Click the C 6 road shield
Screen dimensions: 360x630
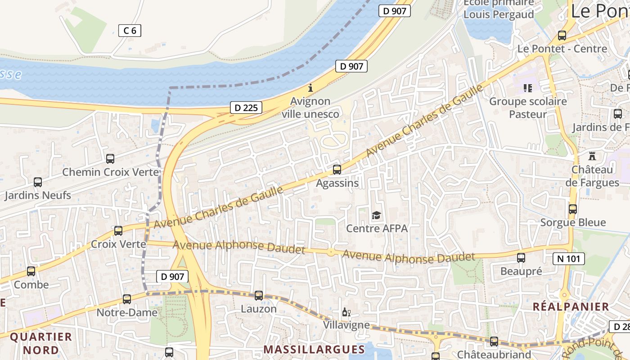pos(130,31)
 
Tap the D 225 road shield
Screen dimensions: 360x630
pos(246,108)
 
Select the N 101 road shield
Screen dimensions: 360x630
pos(569,259)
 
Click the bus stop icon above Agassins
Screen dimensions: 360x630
pos(337,170)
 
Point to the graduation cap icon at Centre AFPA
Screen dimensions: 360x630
pos(376,216)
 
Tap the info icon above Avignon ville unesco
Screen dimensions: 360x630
pos(310,88)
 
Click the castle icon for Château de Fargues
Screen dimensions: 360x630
pos(592,157)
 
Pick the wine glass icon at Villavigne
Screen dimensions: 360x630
pos(346,312)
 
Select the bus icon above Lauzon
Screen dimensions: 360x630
pos(258,296)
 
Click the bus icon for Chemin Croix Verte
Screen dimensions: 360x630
pos(110,159)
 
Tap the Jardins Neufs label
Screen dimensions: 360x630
pos(38,195)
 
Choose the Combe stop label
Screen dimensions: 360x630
pos(31,284)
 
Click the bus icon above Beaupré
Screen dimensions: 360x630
pos(521,258)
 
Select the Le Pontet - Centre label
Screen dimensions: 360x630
pos(562,49)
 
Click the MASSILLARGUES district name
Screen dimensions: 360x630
pos(314,349)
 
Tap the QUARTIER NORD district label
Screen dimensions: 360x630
pos(41,343)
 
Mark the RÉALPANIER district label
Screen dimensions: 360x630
pos(571,307)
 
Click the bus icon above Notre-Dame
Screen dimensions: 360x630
pos(127,299)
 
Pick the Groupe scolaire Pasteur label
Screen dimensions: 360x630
pos(528,108)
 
